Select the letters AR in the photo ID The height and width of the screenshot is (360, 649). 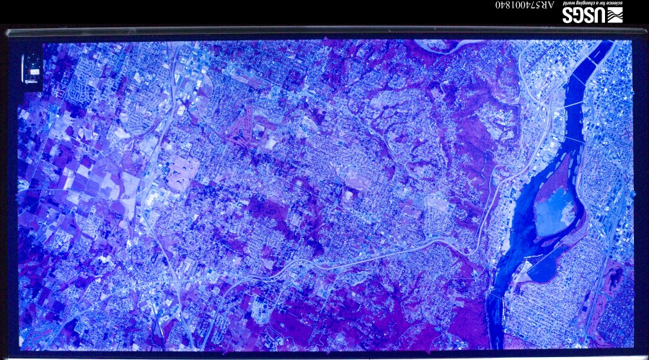pyautogui.click(x=548, y=5)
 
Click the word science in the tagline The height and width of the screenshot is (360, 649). pyautogui.click(x=614, y=4)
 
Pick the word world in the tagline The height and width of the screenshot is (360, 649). pyautogui.click(x=569, y=4)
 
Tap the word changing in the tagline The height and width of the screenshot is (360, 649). pyautogui.click(x=583, y=4)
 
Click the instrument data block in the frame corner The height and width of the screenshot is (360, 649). pyautogui.click(x=32, y=69)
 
